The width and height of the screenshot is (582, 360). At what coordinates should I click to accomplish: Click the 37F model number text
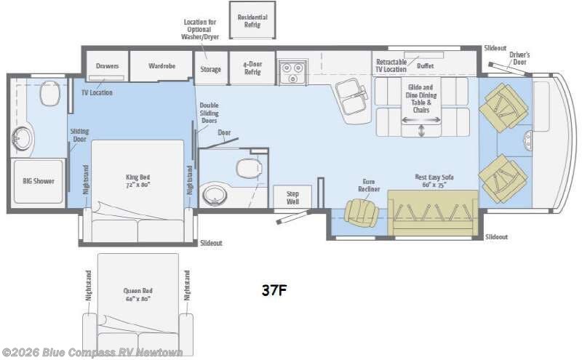pyautogui.click(x=274, y=290)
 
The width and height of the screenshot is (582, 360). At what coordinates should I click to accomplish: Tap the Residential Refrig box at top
pyautogui.click(x=252, y=21)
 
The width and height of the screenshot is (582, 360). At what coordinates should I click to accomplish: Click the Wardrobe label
pyautogui.click(x=162, y=65)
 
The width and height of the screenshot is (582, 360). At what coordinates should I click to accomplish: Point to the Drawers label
pyautogui.click(x=107, y=65)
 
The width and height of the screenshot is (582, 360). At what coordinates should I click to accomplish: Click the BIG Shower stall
pyautogui.click(x=38, y=181)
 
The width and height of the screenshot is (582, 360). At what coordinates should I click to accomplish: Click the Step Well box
pyautogui.click(x=292, y=197)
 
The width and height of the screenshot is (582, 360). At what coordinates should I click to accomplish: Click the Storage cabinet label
pyautogui.click(x=211, y=70)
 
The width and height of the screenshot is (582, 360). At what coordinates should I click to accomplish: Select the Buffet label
pyautogui.click(x=426, y=65)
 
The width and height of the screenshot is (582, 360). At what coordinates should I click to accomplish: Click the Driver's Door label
pyautogui.click(x=519, y=58)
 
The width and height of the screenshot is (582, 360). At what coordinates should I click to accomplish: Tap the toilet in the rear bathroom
pyautogui.click(x=49, y=92)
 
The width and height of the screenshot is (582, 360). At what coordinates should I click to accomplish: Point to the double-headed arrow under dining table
pyautogui.click(x=422, y=130)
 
